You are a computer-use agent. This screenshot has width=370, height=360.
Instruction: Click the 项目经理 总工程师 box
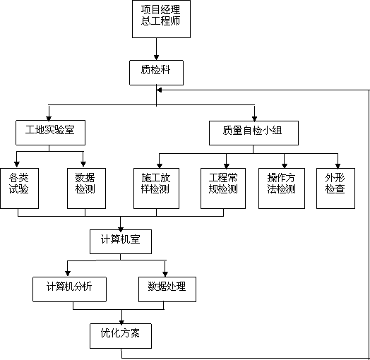click(x=161, y=19)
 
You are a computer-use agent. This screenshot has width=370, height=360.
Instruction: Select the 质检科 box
click(x=156, y=73)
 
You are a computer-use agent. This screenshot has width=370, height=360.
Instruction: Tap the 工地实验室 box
click(x=50, y=133)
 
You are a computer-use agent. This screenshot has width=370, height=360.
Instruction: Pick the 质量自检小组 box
click(x=253, y=133)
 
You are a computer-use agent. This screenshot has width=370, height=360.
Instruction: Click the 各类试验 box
click(x=19, y=188)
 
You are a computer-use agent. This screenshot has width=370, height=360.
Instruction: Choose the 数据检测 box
click(x=86, y=188)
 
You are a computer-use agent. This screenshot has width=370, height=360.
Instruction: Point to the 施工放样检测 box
click(x=156, y=188)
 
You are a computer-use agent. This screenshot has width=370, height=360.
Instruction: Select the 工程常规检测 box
click(x=223, y=188)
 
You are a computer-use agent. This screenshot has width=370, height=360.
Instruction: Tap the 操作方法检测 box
click(x=282, y=188)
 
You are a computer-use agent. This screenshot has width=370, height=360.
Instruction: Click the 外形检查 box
click(x=335, y=188)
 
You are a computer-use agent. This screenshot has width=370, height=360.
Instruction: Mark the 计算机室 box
click(x=121, y=241)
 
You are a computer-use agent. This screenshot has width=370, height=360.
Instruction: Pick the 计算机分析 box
click(x=69, y=289)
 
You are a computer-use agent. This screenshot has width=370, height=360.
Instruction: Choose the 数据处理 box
click(x=167, y=289)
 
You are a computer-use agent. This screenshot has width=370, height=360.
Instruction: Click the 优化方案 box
click(x=121, y=336)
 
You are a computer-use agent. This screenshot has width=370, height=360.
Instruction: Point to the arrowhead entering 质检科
click(x=156, y=58)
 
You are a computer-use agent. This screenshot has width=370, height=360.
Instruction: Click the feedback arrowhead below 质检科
click(x=160, y=90)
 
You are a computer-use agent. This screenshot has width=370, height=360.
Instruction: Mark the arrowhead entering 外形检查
click(x=338, y=166)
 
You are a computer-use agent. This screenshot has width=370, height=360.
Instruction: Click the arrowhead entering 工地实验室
click(x=49, y=118)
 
